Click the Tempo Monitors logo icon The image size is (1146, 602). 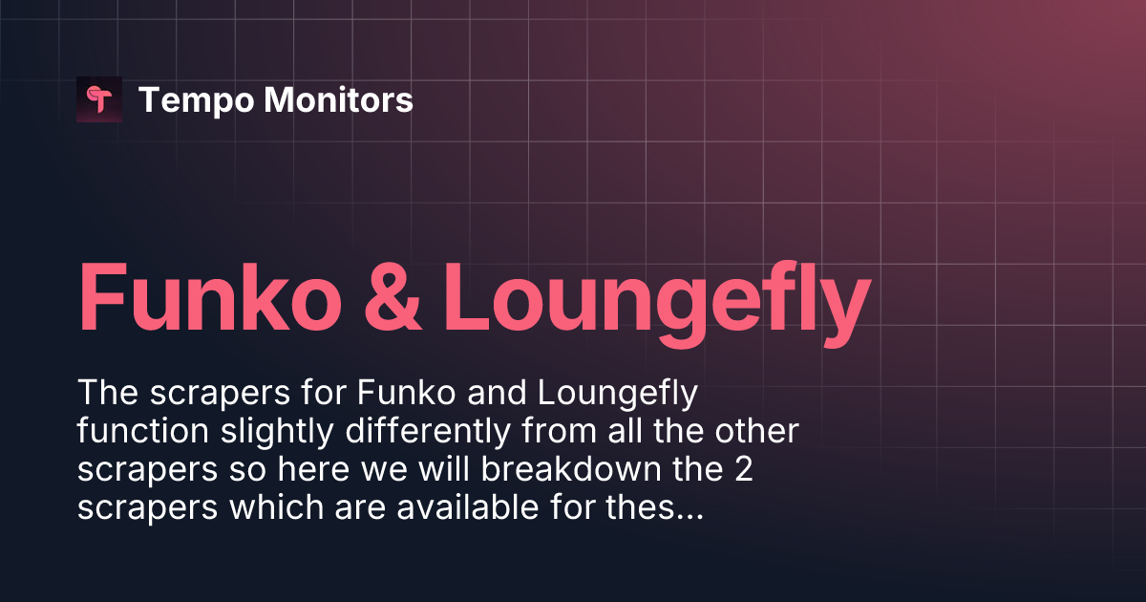click(x=99, y=99)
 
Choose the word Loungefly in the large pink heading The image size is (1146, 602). click(x=657, y=298)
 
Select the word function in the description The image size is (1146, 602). click(x=143, y=432)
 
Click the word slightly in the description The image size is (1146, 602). click(x=281, y=432)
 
